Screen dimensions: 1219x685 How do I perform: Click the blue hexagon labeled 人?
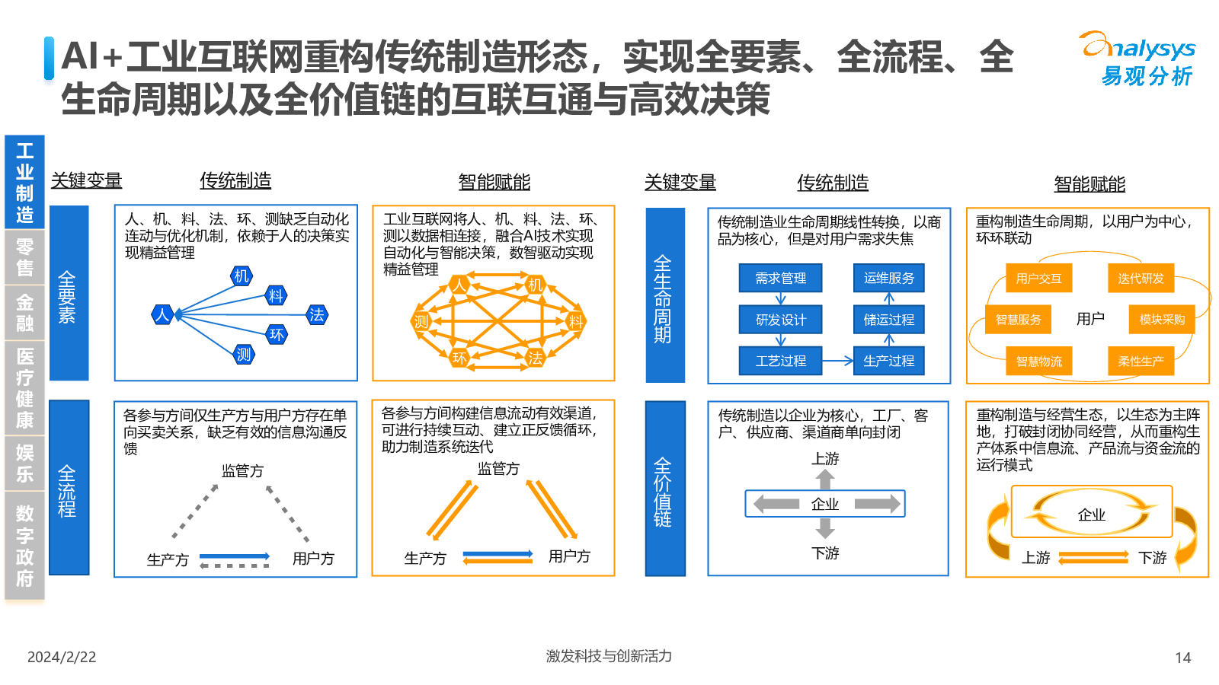162,315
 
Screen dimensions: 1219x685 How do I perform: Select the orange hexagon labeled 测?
421,322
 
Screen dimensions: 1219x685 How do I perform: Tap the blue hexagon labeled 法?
317,315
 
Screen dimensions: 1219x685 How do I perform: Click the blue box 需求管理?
780,279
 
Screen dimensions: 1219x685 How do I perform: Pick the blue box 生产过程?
888,361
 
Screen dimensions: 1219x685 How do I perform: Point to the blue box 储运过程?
888,320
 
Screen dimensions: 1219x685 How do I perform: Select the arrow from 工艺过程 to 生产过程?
837,361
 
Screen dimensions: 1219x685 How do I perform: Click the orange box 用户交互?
1039,279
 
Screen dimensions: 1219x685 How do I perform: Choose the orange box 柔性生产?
1141,362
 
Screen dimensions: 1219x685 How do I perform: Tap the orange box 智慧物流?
1039,362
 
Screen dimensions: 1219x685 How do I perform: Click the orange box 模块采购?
1162,319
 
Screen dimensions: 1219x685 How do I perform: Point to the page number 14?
1183,658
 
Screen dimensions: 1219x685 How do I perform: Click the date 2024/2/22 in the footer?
62,658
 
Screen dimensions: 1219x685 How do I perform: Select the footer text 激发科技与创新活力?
609,656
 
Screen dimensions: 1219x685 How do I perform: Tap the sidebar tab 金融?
24,313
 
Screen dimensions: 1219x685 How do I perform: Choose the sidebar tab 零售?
24,257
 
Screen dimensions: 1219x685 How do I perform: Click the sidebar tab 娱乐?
24,464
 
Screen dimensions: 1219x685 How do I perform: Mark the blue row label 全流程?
69,488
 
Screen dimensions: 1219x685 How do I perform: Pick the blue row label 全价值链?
665,488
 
